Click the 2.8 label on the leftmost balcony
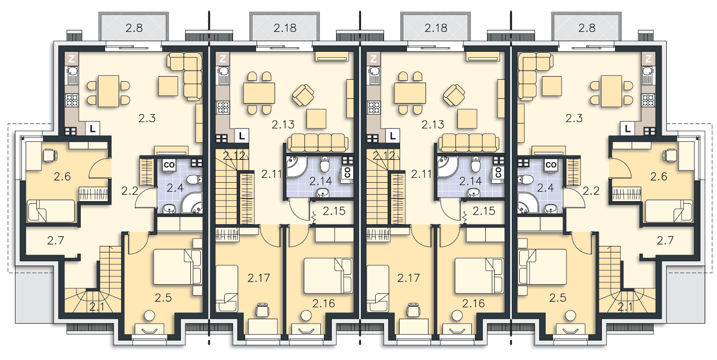(134, 28)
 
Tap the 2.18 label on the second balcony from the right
(436, 28)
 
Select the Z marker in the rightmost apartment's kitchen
(649, 59)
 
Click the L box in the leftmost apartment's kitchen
(93, 129)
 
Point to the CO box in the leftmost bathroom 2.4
(169, 165)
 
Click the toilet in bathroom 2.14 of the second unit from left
(324, 163)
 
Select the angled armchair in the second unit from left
(303, 95)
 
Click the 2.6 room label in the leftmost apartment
(62, 176)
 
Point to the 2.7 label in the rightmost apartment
(665, 240)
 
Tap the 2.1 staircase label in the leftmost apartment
(97, 307)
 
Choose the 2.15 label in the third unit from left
(484, 211)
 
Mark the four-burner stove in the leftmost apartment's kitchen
(72, 100)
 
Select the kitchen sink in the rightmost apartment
(648, 76)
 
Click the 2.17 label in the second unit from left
(259, 278)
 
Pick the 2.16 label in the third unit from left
(473, 303)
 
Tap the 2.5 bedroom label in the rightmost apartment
(558, 298)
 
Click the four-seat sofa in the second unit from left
(318, 143)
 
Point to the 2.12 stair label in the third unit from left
(384, 156)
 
